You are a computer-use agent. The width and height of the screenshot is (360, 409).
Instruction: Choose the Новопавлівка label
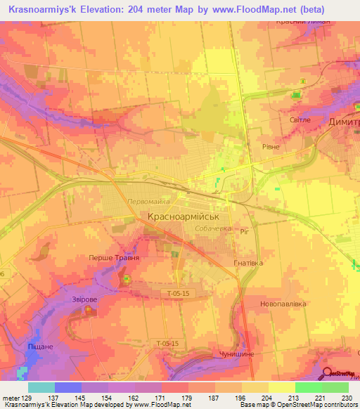(x=283, y=304)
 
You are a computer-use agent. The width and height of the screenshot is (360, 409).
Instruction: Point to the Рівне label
(x=270, y=148)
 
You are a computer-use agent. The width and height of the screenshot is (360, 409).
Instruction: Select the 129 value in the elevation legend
(x=27, y=398)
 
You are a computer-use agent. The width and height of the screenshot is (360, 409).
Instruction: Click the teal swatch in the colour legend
(x=41, y=387)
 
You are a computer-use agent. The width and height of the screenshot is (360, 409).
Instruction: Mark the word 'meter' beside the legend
(x=11, y=398)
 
